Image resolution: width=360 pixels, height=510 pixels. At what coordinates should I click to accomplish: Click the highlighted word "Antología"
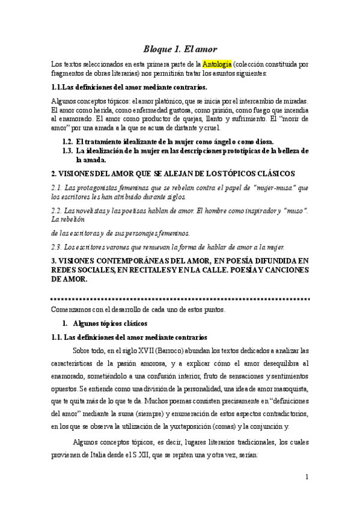click(x=216, y=64)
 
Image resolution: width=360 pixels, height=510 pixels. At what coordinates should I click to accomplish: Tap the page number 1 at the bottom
click(x=307, y=478)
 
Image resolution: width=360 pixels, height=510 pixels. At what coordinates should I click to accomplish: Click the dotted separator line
click(x=180, y=298)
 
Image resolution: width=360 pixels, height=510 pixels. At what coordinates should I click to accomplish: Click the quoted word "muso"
click(x=292, y=209)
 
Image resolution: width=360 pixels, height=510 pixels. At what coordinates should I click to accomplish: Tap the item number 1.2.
click(x=68, y=140)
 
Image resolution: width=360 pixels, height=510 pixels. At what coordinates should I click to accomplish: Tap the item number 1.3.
click(x=68, y=150)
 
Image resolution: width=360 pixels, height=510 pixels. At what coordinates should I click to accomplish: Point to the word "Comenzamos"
click(x=72, y=310)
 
